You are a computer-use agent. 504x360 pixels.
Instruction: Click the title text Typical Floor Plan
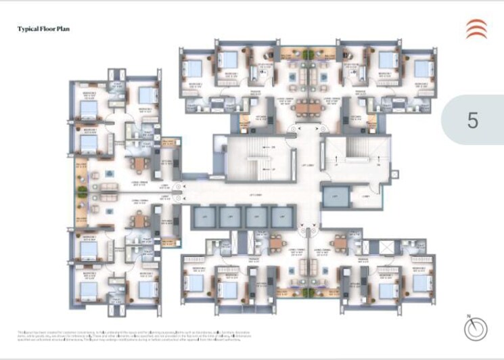(43, 29)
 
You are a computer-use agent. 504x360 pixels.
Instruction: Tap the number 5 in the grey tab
(472, 120)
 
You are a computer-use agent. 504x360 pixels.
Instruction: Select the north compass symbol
(476, 329)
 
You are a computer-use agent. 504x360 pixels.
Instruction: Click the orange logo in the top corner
(476, 29)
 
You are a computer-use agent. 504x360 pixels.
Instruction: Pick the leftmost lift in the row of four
(202, 217)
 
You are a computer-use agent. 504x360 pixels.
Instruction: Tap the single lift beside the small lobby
(336, 196)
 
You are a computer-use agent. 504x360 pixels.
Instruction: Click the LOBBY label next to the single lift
(365, 196)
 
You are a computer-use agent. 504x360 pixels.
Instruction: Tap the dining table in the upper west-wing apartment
(138, 163)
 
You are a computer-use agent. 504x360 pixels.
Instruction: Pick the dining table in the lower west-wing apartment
(138, 220)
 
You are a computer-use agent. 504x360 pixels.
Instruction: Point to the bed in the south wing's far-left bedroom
(194, 282)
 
